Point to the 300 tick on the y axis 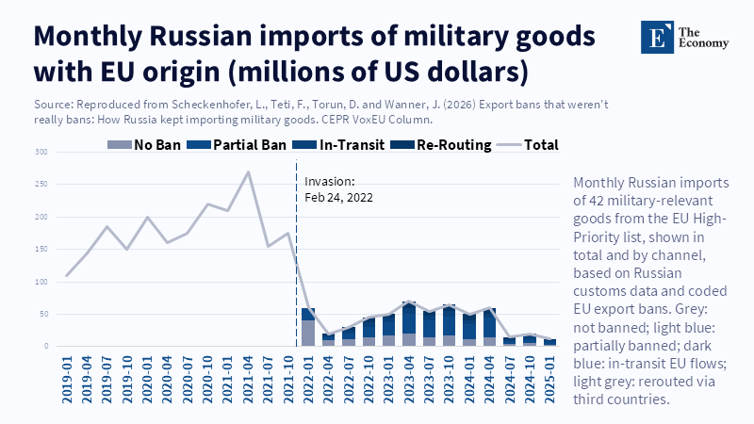click(x=41, y=153)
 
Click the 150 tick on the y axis click(x=41, y=250)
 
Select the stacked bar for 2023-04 click(x=409, y=324)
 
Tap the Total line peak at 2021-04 click(x=248, y=172)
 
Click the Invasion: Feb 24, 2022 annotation click(x=336, y=189)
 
